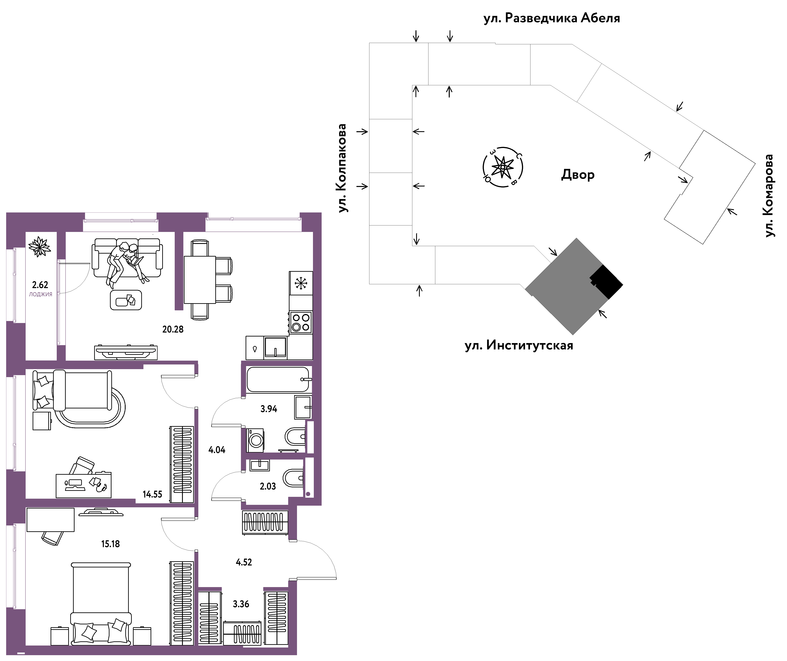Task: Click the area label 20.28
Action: tap(173, 329)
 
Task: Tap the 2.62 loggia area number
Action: tap(40, 285)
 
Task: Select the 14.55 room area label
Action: tap(152, 494)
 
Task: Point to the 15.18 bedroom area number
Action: tap(110, 544)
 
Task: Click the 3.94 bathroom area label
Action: tap(269, 409)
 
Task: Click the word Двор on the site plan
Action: tap(578, 175)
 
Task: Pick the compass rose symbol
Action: tap(502, 167)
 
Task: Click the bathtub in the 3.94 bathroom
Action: tap(278, 379)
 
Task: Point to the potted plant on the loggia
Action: tap(39, 246)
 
